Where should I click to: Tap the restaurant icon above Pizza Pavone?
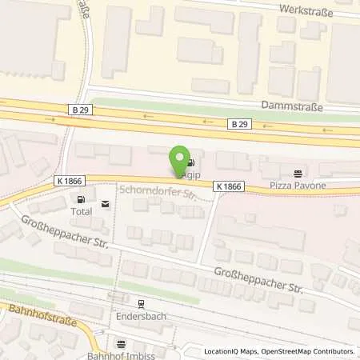298,171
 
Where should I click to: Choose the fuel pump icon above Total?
80,199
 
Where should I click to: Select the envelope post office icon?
106,204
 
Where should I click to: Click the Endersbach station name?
139,314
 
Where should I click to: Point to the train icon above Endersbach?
139,303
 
